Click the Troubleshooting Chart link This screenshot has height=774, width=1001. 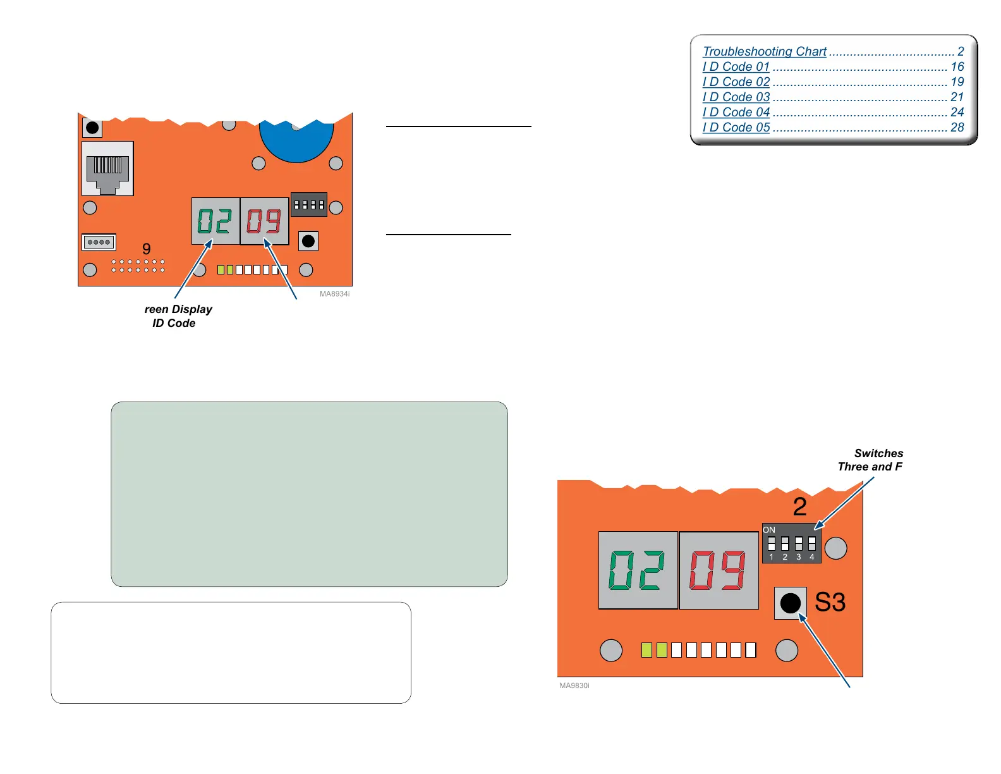tap(764, 51)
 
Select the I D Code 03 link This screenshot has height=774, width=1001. tap(736, 97)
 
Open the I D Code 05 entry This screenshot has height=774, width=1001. tap(736, 127)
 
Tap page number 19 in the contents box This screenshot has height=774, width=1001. tap(957, 82)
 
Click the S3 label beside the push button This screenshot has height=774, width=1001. tap(830, 603)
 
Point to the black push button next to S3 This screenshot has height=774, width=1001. tap(790, 603)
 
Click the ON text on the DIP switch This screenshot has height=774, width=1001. tap(769, 530)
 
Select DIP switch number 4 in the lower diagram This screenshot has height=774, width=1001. tap(812, 544)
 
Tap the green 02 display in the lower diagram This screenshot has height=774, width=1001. tap(637, 570)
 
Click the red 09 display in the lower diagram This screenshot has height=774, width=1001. tap(719, 570)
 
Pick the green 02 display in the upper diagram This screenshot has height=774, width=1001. tap(215, 221)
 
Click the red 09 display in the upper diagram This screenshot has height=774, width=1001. tap(264, 221)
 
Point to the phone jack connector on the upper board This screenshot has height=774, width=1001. tap(108, 169)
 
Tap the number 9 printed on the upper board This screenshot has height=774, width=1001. tap(147, 249)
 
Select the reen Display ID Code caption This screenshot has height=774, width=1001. tap(177, 316)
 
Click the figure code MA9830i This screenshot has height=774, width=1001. tap(574, 685)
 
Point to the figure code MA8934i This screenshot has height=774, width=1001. tap(334, 294)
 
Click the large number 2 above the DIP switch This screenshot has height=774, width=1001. tap(800, 507)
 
